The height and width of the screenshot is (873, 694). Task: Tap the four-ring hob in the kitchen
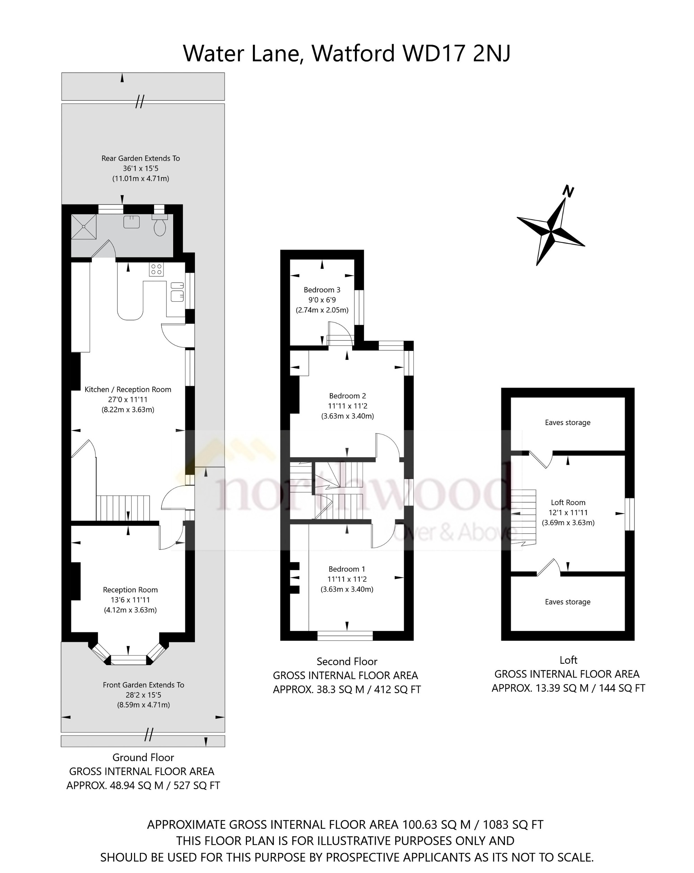[x=156, y=269]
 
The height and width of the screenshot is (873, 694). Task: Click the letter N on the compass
[x=568, y=191]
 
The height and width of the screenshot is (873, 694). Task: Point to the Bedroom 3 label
[x=322, y=290]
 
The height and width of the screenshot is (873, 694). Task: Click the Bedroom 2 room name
[x=347, y=396]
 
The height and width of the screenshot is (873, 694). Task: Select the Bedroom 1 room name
[x=346, y=569]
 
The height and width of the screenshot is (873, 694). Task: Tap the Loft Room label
[x=568, y=502]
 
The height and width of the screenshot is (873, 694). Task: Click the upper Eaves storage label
[x=567, y=422]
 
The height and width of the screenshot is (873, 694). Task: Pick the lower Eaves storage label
[x=567, y=602]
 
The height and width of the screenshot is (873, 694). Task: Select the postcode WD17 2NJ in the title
[x=457, y=53]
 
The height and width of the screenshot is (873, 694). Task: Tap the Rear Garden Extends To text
[x=140, y=158]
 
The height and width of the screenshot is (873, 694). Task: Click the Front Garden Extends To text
[x=143, y=685]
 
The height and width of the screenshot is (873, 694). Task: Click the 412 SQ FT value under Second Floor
[x=397, y=689]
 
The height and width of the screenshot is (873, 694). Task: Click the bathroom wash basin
[x=132, y=222]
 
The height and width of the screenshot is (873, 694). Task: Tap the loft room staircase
[x=523, y=516]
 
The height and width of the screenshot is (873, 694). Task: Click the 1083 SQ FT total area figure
[x=513, y=824]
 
